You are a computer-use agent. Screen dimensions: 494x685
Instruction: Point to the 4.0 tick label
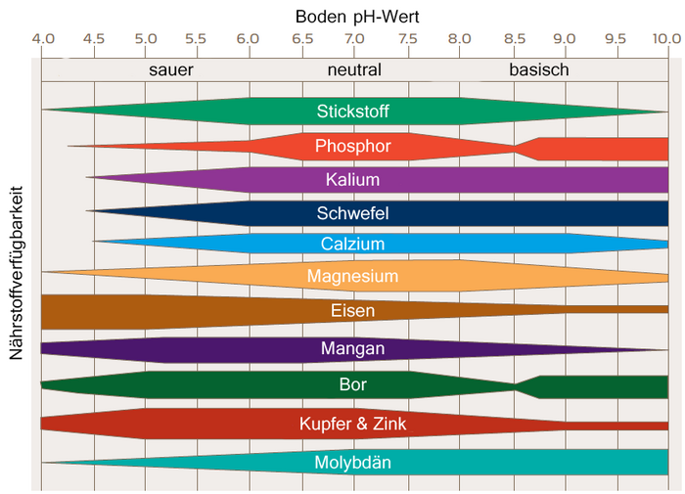click(x=42, y=39)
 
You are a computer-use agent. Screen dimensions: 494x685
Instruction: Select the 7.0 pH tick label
click(x=355, y=39)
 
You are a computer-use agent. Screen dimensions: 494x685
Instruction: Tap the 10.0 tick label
click(x=666, y=39)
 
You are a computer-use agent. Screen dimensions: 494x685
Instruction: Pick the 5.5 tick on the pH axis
click(x=195, y=39)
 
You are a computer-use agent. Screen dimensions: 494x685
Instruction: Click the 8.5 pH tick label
click(x=512, y=39)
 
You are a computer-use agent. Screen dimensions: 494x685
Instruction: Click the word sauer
click(x=171, y=70)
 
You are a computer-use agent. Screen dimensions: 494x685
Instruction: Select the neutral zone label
click(x=354, y=70)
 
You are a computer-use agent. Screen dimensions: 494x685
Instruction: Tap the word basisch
click(x=538, y=70)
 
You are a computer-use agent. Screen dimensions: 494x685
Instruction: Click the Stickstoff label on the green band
click(x=353, y=111)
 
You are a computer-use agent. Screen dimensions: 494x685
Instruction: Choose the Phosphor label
click(x=353, y=147)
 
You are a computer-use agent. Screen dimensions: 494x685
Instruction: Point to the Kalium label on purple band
click(x=353, y=180)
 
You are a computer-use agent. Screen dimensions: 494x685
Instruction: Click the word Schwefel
click(x=353, y=212)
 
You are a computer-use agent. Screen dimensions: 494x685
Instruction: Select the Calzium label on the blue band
click(x=353, y=244)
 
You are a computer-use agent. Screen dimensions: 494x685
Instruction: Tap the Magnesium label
click(x=353, y=276)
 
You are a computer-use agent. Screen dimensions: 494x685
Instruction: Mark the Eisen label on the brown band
click(x=353, y=311)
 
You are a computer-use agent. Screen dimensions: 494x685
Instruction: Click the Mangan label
click(x=353, y=348)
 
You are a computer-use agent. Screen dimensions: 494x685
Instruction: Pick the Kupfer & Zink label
click(x=353, y=424)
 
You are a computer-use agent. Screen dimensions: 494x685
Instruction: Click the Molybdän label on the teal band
click(x=353, y=463)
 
